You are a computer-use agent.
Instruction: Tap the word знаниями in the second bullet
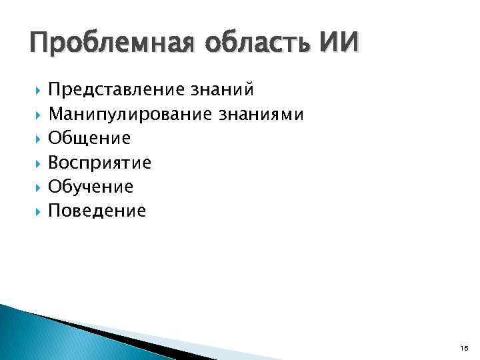tap(262, 115)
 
